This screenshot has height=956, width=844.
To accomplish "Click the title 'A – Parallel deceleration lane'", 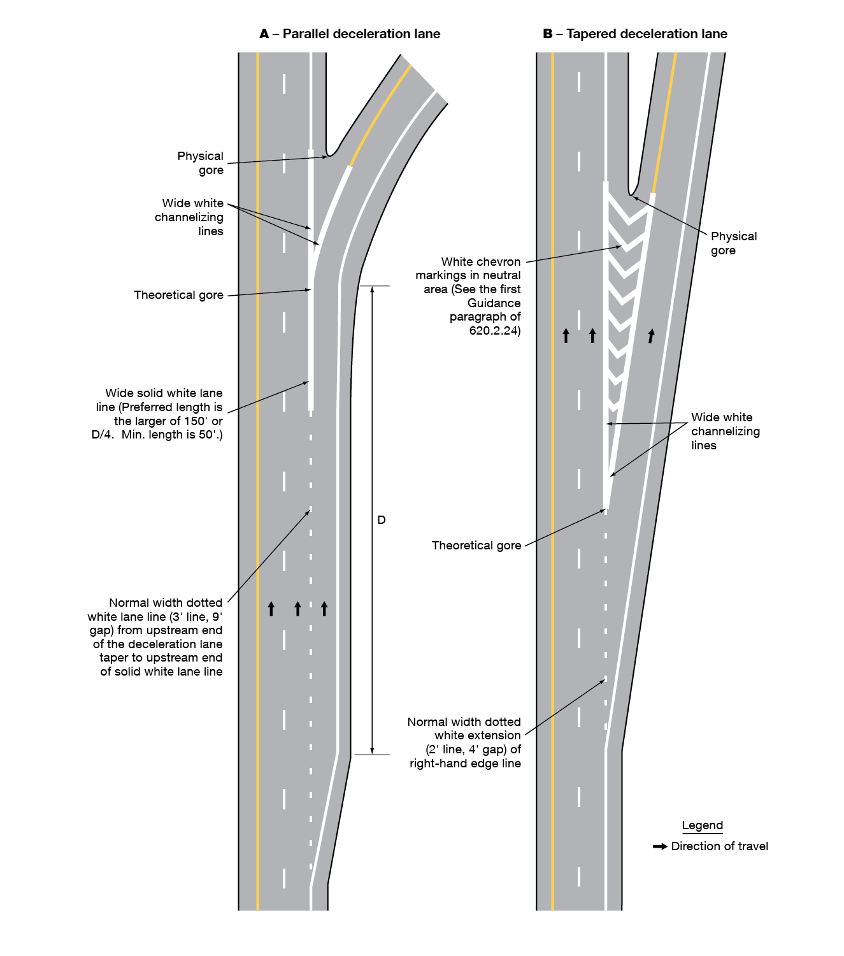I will point(350,34).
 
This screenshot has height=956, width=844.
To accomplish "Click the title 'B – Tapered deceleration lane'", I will point(635,34).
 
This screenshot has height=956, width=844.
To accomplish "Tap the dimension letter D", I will point(382,520).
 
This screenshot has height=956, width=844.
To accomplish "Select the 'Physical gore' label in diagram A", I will point(201,163).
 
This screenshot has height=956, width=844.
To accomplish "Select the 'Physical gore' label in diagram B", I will point(733,243).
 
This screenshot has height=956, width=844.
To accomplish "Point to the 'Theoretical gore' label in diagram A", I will point(178,295).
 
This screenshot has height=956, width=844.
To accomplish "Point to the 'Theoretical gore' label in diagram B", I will point(476,546).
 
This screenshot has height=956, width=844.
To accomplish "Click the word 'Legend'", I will point(702,825).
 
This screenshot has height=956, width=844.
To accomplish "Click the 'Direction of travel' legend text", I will point(720,846).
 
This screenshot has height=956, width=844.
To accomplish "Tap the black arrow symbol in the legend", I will point(660,846).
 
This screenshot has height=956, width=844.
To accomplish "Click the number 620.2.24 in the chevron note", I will point(495,331).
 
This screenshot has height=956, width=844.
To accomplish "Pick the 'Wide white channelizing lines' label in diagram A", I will point(190,217).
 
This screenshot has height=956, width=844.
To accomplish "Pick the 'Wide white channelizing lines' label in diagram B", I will point(725,431).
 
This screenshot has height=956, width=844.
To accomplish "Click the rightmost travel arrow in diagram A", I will point(324,608).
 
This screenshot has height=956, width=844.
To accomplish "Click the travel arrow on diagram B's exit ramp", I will point(651,335).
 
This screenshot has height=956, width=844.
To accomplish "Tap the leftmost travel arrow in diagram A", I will point(271,608).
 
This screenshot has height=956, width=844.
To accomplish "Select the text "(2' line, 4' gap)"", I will point(473,750).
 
